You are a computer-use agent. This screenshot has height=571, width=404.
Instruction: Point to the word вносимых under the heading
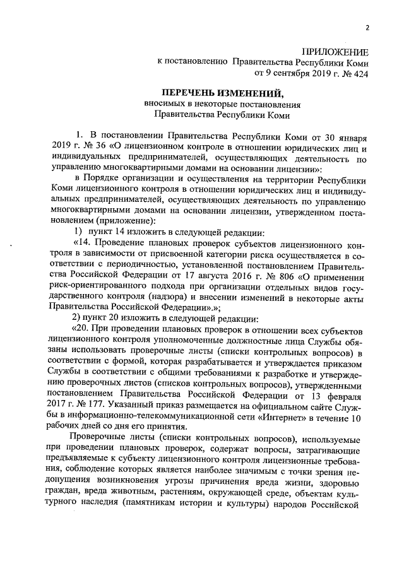pyautogui.click(x=163, y=105)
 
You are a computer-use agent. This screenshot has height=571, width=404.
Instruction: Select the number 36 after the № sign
pyautogui.click(x=99, y=147)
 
